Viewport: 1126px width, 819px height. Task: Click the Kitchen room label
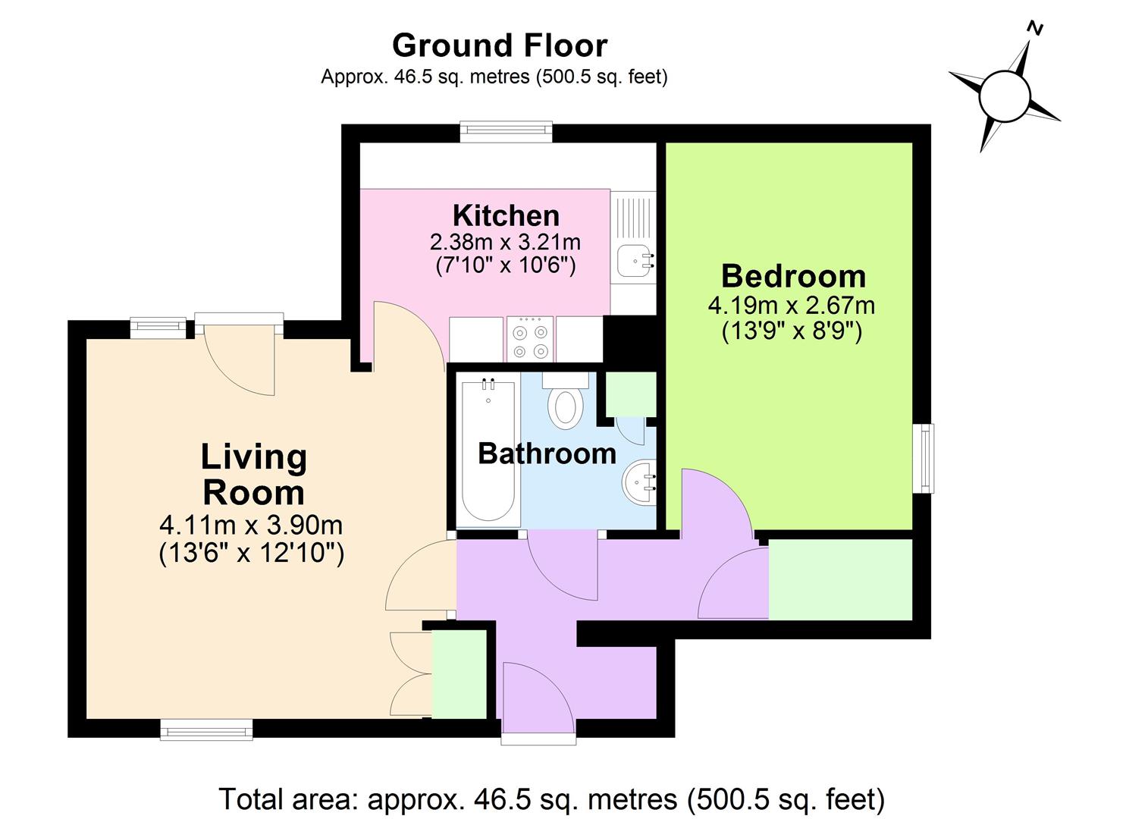(x=506, y=216)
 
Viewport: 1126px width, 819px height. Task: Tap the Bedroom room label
(x=792, y=276)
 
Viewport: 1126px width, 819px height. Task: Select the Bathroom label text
(x=547, y=453)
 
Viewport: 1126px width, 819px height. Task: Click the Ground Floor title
(x=500, y=45)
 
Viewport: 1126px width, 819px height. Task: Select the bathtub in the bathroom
(x=488, y=451)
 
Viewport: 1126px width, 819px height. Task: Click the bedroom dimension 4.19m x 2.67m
(x=791, y=306)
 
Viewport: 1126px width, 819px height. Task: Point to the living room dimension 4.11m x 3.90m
(x=251, y=525)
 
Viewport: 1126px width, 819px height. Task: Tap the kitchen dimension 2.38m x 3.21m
(x=505, y=242)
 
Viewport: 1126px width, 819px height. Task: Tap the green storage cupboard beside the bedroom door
(x=840, y=579)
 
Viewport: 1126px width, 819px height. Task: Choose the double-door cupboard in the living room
(x=459, y=673)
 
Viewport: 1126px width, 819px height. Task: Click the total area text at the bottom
(x=551, y=799)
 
